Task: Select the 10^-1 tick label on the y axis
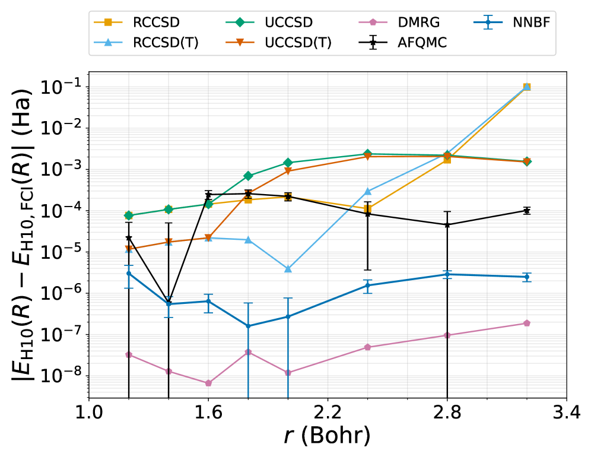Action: [61, 87]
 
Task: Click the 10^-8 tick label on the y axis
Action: [61, 376]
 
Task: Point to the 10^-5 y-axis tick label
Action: [61, 252]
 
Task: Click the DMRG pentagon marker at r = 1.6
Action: [208, 383]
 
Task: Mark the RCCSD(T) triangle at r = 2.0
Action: [288, 269]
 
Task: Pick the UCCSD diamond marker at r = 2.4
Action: [367, 154]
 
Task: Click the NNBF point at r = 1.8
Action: [248, 326]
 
